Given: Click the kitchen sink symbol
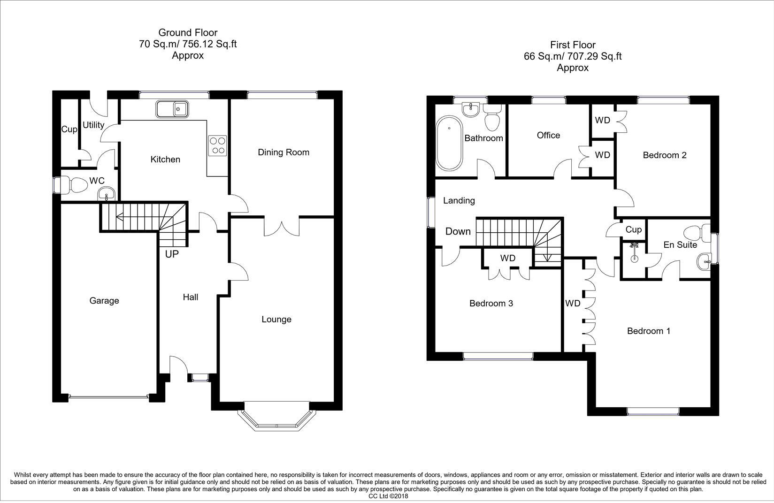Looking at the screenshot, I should tap(172, 109).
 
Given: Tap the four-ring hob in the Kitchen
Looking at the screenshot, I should tap(217, 145).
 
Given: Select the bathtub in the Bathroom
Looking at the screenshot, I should tap(449, 144).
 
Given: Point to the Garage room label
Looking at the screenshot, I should tap(104, 301).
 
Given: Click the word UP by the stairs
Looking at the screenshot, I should tap(171, 254).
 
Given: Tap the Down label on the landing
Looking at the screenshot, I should tap(458, 231).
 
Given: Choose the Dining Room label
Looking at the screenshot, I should tap(284, 152).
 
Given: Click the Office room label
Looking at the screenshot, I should tap(548, 135).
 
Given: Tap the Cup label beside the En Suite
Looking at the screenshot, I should tap(633, 229).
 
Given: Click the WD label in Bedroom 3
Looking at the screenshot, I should tap(507, 258).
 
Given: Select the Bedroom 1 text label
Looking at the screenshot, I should tap(648, 331).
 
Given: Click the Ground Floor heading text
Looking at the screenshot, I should tap(188, 32).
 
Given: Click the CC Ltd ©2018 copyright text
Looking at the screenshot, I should tap(388, 496).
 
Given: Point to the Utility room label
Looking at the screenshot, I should tap(93, 125).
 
